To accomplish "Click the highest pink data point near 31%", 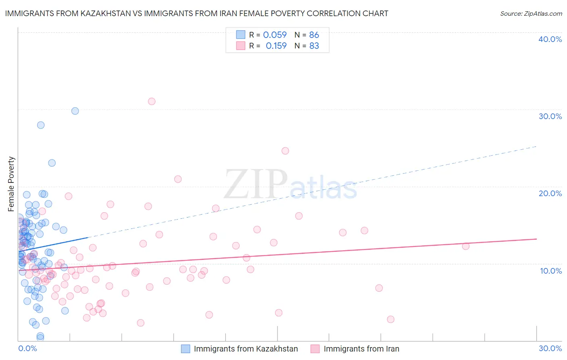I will pos(152,101).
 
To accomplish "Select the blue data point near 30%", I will pos(75,111).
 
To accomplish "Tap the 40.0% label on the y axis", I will pos(550,39).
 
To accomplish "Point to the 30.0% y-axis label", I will pos(550,116).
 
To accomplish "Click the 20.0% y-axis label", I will pos(550,193).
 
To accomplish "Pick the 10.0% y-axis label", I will pos(551,271).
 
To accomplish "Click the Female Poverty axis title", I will pos(11,184).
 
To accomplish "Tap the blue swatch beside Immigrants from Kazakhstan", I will pos(186,349).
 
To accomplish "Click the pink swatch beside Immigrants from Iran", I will pos(315,349).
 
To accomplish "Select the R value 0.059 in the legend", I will pos(275,35).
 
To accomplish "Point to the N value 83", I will pos(314,46).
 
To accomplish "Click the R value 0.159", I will pos(276,46).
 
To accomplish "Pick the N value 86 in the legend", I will pos(314,35).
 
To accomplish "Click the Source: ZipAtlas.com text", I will pos(531,14).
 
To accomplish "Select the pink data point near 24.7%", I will pos(285,151).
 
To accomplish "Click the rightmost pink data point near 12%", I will pos(466,246).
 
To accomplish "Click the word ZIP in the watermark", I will pos(255,185).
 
